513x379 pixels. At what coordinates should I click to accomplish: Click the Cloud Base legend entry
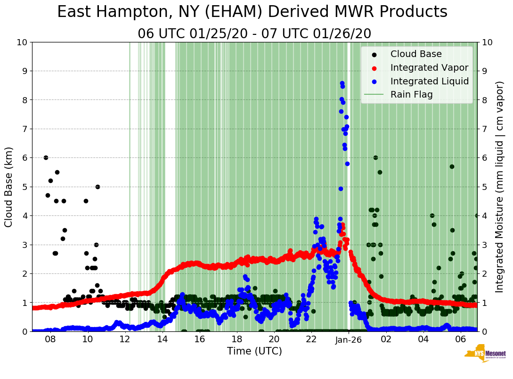416,54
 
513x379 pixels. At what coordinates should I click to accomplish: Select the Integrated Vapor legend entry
429,67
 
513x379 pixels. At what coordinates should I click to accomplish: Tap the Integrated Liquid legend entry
429,81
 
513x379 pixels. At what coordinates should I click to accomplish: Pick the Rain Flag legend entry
411,94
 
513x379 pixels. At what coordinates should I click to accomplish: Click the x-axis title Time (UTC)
254,351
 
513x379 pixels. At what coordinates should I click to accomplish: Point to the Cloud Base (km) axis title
9,187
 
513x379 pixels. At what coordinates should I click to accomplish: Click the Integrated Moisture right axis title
500,187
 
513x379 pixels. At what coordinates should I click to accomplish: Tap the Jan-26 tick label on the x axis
349,339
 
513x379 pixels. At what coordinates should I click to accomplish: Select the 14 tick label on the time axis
162,339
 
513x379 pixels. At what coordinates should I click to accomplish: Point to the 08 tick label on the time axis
50,339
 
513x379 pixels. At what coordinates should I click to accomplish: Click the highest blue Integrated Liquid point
342,83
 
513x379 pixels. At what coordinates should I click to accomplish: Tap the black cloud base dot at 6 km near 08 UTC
46,157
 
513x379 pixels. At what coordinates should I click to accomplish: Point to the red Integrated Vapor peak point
342,225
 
